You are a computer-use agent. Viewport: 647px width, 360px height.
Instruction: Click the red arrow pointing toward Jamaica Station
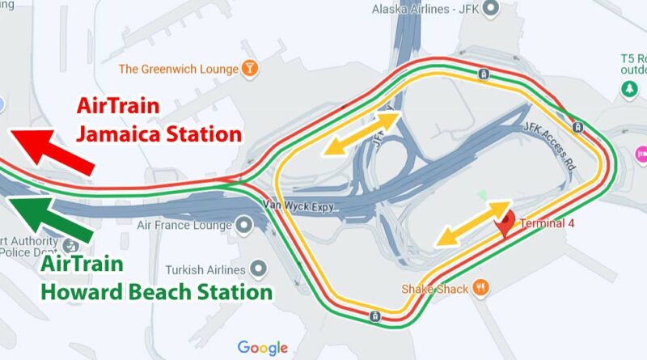pos(50,150)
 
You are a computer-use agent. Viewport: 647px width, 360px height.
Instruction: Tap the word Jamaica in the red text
pos(117,133)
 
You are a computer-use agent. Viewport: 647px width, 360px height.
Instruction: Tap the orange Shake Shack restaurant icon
pos(483,286)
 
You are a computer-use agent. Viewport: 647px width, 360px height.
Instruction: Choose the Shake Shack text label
pos(436,288)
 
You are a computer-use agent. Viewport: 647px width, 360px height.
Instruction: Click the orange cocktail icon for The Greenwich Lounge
pos(252,69)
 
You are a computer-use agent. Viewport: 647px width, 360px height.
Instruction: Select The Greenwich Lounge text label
pos(179,70)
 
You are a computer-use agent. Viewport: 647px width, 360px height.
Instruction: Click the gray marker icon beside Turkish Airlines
pos(259,267)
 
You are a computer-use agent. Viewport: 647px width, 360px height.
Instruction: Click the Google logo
pos(263,348)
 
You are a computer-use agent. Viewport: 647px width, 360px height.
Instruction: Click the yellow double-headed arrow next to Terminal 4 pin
pos(472,223)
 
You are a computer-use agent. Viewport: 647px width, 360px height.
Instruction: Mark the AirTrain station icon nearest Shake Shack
pos(373,314)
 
